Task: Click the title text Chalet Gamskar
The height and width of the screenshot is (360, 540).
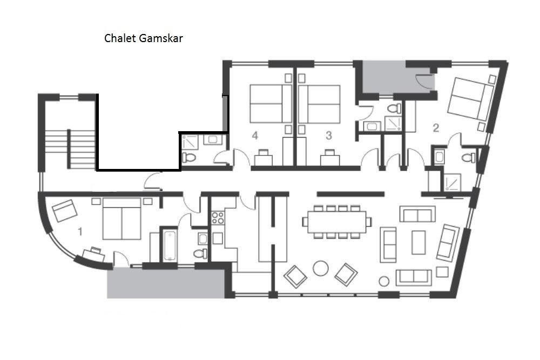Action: click(143, 38)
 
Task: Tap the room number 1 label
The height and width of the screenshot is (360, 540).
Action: click(80, 232)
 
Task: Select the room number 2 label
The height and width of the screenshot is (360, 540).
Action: click(436, 128)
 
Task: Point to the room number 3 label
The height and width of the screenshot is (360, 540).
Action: click(329, 135)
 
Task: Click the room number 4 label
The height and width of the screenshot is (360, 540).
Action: click(255, 135)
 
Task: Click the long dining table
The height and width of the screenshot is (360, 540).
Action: click(337, 222)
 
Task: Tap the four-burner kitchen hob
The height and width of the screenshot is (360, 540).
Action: click(218, 218)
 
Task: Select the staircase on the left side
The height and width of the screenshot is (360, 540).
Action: click(71, 148)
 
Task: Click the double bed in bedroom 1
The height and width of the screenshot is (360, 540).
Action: click(122, 219)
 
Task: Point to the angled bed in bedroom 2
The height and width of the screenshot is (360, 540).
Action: click(471, 99)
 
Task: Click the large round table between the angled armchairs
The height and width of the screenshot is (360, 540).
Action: click(321, 268)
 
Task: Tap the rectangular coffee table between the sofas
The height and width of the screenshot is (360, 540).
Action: click(418, 242)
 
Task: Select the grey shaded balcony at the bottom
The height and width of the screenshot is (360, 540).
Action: click(166, 283)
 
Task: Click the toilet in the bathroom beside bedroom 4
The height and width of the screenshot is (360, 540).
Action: click(188, 158)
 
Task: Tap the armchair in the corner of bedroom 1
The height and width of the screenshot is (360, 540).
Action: click(65, 210)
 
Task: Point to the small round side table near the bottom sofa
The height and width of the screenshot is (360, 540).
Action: click(384, 282)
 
